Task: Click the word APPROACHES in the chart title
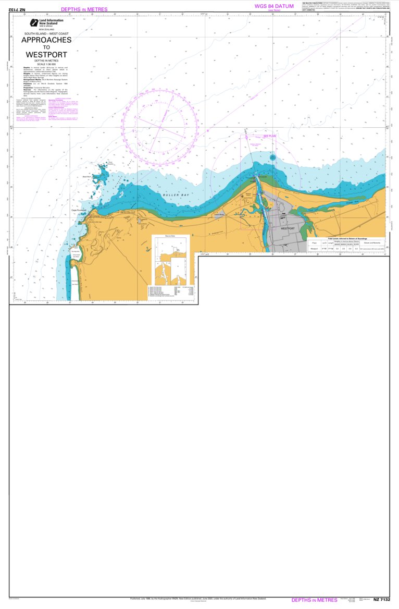(46, 40)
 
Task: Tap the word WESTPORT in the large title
(46, 54)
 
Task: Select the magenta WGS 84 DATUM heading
(274, 6)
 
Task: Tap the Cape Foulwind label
(79, 211)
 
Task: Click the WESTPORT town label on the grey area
(288, 228)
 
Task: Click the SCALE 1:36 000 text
(46, 64)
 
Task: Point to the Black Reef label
(87, 177)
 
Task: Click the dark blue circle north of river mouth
(272, 157)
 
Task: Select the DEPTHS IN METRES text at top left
(84, 9)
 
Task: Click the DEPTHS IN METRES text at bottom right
(314, 600)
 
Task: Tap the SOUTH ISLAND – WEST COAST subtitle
(46, 33)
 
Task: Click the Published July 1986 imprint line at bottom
(198, 599)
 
